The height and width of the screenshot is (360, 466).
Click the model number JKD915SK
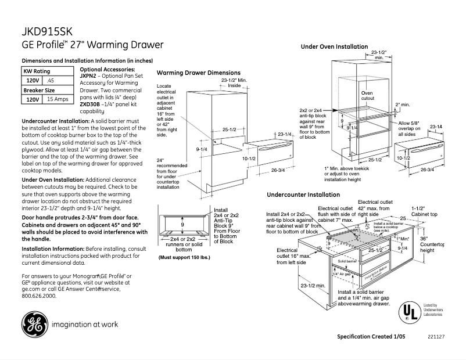(x=47, y=31)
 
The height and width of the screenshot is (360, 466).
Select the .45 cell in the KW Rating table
(x=51, y=80)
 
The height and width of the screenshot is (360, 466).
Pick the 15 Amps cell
(x=58, y=99)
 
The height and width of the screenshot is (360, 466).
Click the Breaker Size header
(x=39, y=90)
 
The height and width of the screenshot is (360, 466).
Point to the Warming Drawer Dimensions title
(x=199, y=73)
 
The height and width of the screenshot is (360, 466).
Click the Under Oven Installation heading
(x=334, y=46)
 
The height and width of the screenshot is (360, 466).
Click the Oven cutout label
(x=368, y=96)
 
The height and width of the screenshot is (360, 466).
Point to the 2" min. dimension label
(x=403, y=105)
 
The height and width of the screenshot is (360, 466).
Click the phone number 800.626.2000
(x=39, y=296)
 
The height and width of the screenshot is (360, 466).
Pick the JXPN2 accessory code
(x=88, y=76)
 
